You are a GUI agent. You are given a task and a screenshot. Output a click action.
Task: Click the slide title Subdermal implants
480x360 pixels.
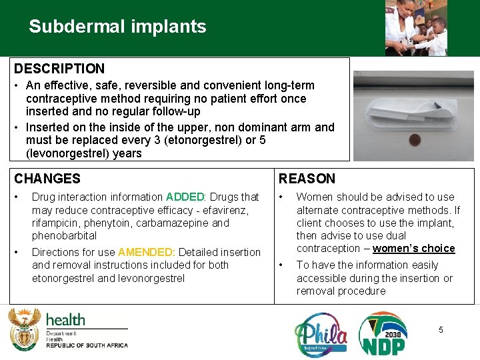117,27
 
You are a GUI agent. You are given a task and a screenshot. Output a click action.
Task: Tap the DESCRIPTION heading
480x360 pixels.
59,69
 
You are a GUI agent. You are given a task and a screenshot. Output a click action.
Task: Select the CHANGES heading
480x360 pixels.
47,179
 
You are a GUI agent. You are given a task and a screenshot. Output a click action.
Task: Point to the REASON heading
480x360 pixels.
307,179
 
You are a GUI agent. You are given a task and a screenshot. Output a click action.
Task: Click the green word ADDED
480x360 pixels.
185,197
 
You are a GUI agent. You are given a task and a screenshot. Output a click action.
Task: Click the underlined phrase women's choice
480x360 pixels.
413,249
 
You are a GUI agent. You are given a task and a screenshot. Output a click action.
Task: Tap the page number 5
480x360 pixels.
441,329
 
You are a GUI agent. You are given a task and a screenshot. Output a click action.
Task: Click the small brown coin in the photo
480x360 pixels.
415,139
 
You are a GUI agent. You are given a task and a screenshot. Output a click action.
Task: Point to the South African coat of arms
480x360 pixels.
24,329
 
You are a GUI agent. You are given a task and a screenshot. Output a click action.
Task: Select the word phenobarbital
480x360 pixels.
64,236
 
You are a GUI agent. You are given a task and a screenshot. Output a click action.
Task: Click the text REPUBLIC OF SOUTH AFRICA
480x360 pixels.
87,345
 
